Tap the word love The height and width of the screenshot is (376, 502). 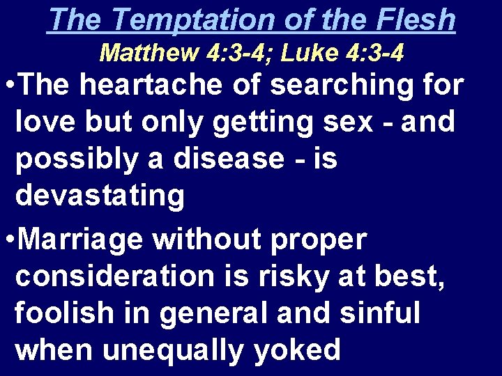(44, 122)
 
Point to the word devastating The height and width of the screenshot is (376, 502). (100, 196)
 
